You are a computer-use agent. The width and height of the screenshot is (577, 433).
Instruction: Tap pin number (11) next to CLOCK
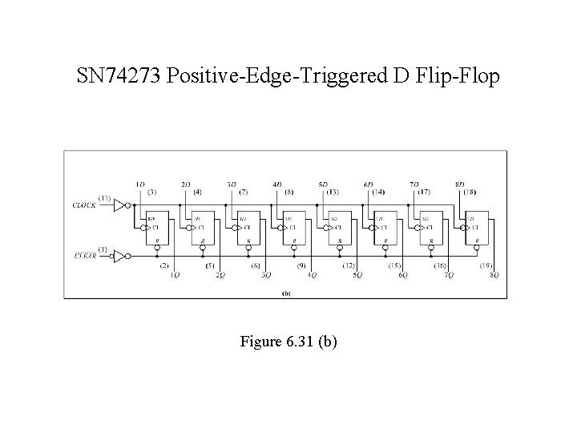tap(105, 197)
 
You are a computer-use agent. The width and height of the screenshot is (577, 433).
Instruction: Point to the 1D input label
tap(140, 184)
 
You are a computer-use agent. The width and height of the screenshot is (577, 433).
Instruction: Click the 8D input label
tap(460, 184)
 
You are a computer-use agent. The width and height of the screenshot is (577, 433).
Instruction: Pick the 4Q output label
tap(313, 275)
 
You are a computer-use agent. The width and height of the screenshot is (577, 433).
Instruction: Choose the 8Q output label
tap(495, 275)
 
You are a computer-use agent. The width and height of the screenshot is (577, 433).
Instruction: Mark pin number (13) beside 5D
tap(333, 192)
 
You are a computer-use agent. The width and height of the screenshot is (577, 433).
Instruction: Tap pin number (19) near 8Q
tap(486, 265)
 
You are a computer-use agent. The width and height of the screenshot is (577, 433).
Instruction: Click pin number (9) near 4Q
tap(302, 265)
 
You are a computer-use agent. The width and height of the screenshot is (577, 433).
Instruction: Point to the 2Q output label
tap(220, 275)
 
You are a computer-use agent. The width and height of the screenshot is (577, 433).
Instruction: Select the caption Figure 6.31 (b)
tap(288, 342)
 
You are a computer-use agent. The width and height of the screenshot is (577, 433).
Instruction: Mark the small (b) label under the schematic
tap(286, 293)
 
